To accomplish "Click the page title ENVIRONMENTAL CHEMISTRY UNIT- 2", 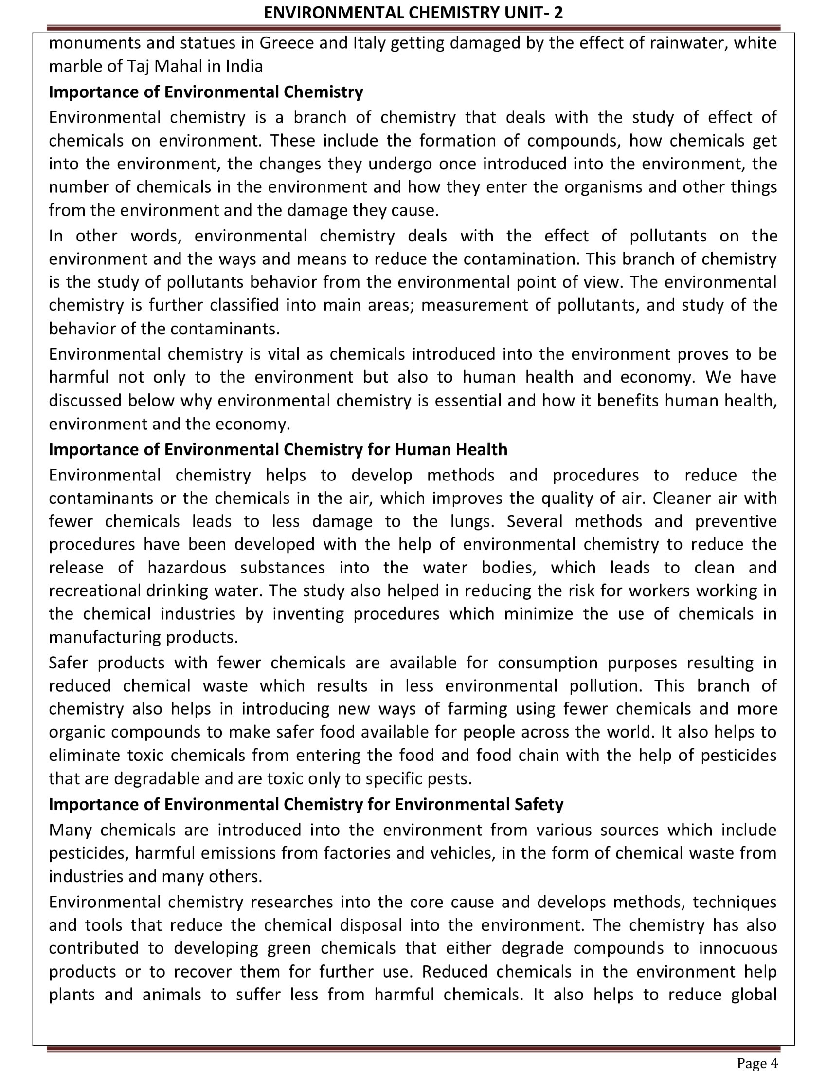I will coord(413,12).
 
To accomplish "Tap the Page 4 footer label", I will coord(757,1063).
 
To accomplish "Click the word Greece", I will coord(287,43).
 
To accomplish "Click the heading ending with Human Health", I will coord(278,450).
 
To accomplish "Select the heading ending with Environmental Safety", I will coord(306,805).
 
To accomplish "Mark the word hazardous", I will coord(187,568).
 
